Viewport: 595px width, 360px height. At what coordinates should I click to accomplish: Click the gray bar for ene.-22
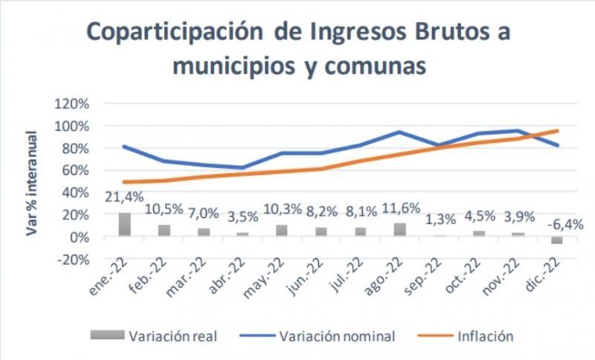point(125,225)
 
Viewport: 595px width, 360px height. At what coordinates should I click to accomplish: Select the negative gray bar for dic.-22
point(557,240)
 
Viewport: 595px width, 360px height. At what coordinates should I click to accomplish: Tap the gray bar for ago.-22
point(400,230)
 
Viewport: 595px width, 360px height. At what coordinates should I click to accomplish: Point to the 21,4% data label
point(124,197)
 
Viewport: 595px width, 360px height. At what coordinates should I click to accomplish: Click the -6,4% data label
point(565,225)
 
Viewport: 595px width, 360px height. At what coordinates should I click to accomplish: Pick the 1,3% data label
point(440,219)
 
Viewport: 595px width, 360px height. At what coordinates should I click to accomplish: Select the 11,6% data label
point(401,208)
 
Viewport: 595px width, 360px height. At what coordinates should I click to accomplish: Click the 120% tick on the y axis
point(72,103)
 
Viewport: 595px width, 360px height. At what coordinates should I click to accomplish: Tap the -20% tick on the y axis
point(73,260)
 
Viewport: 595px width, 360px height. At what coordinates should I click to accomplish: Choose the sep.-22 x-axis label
point(422,277)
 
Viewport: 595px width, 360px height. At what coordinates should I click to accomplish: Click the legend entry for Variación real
point(154,336)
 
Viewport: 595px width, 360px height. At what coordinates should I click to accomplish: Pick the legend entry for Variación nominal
point(318,336)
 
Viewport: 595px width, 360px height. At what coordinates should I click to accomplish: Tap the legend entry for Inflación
point(466,336)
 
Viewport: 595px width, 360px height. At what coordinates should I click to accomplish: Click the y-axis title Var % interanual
point(32,183)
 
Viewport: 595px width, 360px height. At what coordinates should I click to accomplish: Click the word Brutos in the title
point(451,31)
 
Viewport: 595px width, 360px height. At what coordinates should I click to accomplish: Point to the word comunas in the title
point(376,65)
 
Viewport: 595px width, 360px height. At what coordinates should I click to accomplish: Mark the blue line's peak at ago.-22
point(399,132)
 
